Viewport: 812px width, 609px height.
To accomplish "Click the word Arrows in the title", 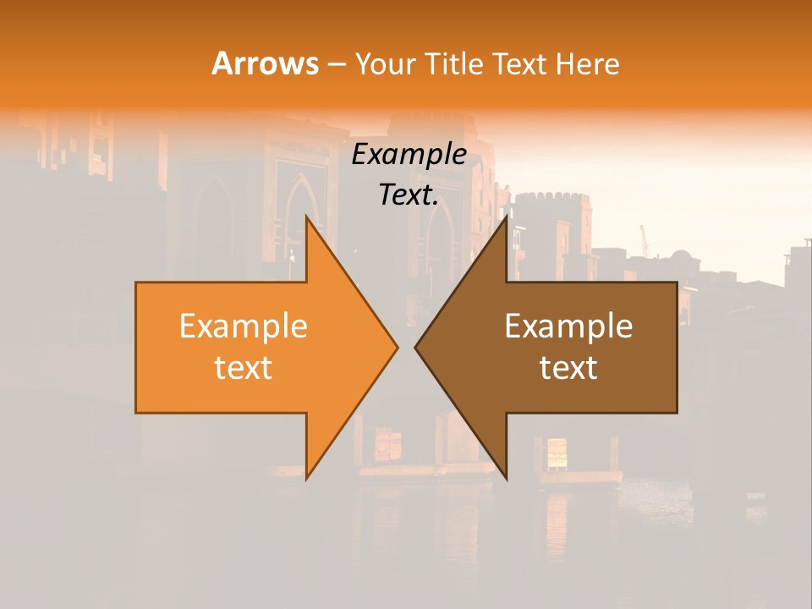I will coord(264,63).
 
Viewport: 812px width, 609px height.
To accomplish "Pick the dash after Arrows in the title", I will coord(336,64).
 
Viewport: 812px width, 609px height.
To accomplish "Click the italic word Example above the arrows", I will coord(409,155).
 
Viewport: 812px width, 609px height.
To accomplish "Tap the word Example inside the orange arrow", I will coord(244,326).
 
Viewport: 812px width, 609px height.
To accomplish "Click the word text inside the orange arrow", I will coord(244,368).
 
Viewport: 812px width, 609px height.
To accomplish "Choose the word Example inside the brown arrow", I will coord(568,326).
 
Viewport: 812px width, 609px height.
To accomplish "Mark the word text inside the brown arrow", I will coord(568,368).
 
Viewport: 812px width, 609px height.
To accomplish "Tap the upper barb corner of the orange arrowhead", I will coord(306,217).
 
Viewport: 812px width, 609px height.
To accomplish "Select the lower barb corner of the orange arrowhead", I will coord(306,478).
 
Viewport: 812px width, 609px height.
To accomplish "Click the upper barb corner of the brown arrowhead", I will coord(507,217).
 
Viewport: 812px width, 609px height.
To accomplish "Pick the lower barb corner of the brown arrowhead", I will coord(507,478).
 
